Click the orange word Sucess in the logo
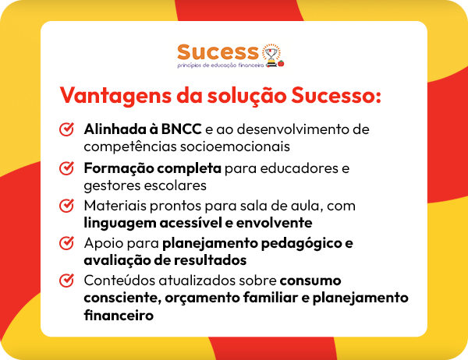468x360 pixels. pyautogui.click(x=217, y=52)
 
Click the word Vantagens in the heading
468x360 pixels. pyautogui.click(x=112, y=97)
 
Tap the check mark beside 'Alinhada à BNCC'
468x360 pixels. pyautogui.click(x=67, y=129)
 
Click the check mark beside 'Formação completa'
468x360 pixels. pyautogui.click(x=67, y=168)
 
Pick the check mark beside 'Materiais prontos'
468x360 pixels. pyautogui.click(x=67, y=206)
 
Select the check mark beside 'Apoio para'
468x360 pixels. pyautogui.click(x=67, y=244)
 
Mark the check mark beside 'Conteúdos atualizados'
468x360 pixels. pyautogui.click(x=67, y=281)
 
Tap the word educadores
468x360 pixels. pyautogui.click(x=304, y=168)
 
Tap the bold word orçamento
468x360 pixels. pyautogui.click(x=196, y=298)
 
